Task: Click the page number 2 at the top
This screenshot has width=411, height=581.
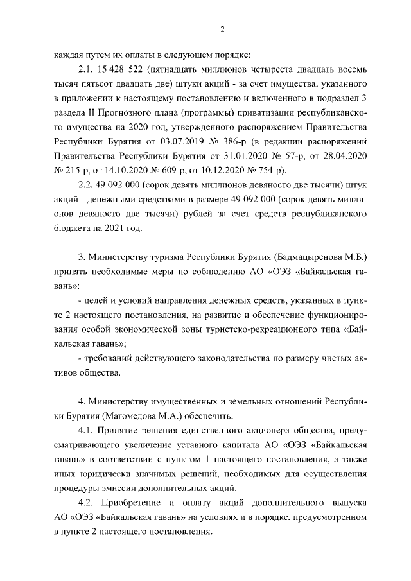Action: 222,29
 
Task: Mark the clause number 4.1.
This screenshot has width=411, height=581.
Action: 86,429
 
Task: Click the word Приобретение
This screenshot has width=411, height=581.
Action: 132,504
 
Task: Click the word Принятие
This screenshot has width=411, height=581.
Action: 123,429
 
